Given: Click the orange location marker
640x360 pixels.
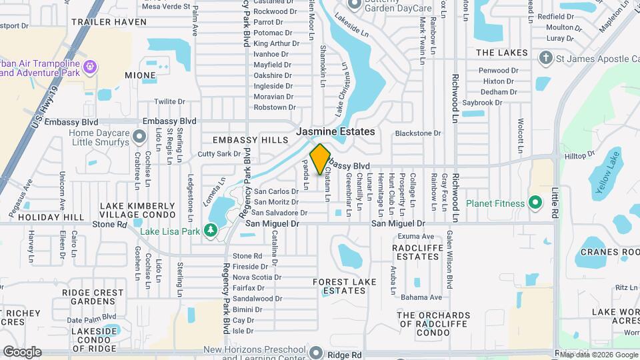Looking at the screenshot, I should click(x=320, y=159).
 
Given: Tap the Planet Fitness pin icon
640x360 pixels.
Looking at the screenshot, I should click(x=534, y=202).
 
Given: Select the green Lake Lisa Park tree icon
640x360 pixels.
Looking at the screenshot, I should click(x=211, y=231).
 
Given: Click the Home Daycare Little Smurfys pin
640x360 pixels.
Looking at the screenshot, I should click(x=139, y=137).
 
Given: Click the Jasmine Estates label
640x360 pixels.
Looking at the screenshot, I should click(x=335, y=131).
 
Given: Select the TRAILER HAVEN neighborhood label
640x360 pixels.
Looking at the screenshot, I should click(x=109, y=22).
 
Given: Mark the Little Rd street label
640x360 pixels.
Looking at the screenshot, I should click(x=555, y=201).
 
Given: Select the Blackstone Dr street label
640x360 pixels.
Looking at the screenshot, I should click(x=418, y=133).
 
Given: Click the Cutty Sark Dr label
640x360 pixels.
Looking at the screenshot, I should click(x=219, y=153).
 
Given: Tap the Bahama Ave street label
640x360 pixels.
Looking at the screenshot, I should click(x=425, y=297).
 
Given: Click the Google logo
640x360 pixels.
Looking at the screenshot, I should click(x=22, y=352).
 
